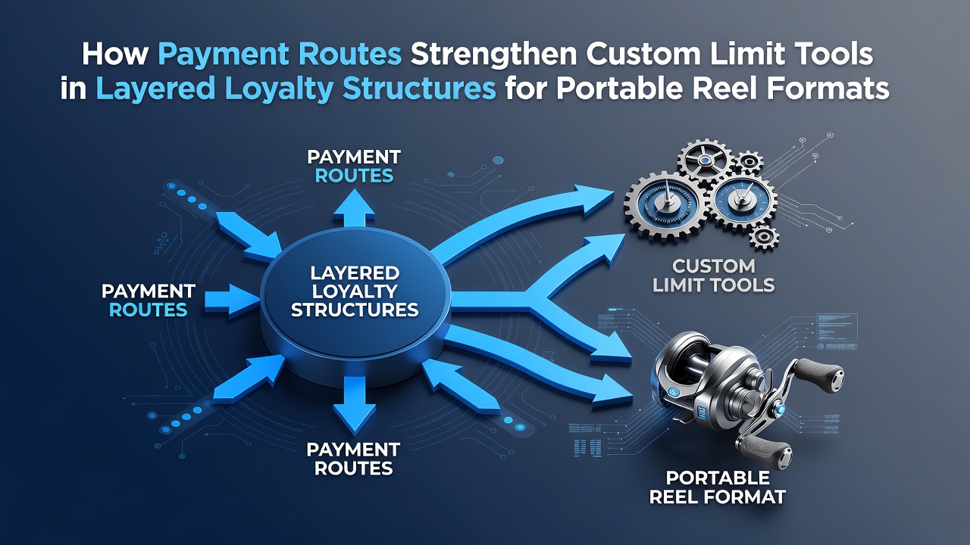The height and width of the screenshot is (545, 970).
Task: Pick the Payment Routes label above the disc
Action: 354,166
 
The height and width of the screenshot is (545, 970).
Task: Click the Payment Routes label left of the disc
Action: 148,301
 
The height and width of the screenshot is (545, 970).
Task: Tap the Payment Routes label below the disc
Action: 353,459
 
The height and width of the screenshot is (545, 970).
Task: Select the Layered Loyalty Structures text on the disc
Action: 355,291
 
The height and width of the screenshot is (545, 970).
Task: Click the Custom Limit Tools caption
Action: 713,276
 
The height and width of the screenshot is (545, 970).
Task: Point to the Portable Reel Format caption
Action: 718,487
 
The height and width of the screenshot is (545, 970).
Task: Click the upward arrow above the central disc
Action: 355,208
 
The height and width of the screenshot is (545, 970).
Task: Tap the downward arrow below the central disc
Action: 355,404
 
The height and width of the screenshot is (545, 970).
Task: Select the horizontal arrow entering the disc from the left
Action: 232,300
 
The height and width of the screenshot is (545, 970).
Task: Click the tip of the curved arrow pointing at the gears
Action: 614,193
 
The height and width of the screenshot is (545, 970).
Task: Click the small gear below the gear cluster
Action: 763,238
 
